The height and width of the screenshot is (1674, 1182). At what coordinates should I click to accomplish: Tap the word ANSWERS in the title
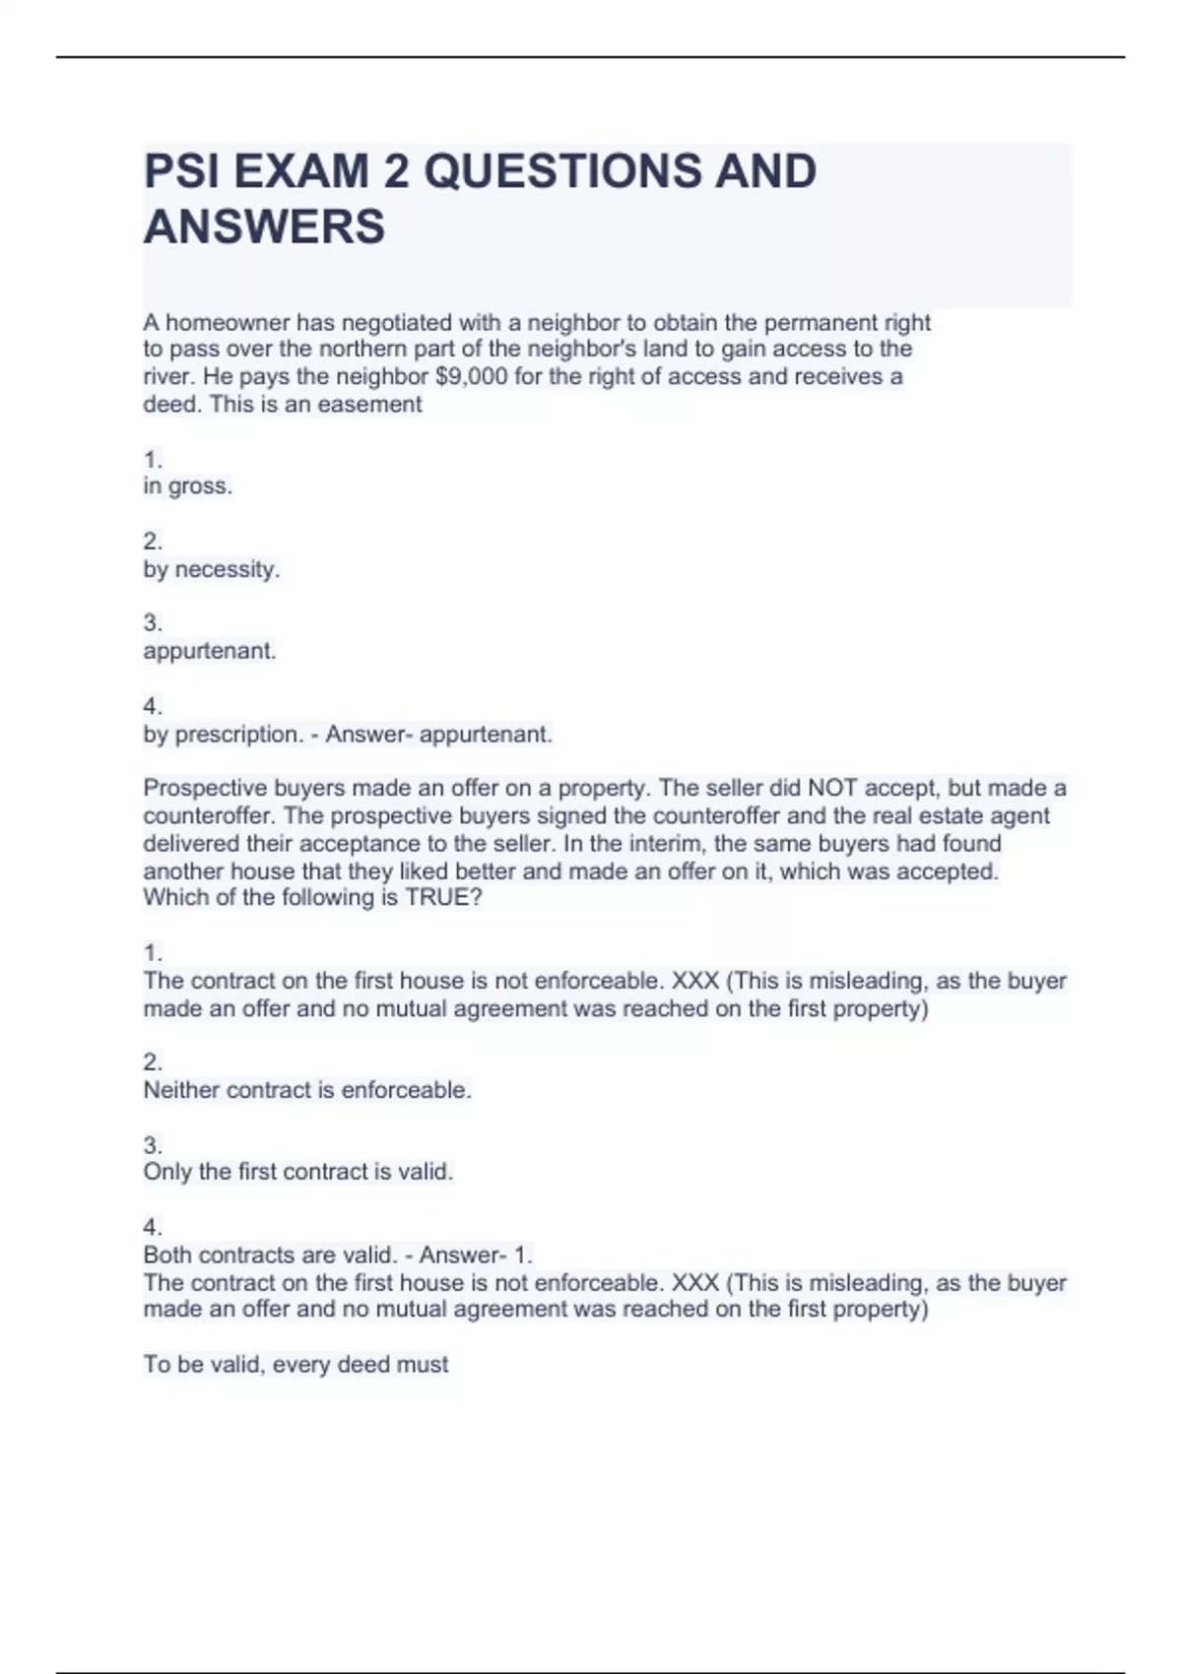click(264, 226)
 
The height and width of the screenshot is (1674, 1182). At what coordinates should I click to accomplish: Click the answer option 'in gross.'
click(188, 486)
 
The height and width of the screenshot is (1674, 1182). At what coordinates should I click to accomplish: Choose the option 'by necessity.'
click(212, 569)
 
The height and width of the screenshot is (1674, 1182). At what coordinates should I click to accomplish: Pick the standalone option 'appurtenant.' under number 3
click(210, 651)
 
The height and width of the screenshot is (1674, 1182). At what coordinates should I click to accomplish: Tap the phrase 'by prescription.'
click(223, 735)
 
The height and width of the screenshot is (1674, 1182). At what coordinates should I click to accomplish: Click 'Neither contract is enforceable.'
click(307, 1090)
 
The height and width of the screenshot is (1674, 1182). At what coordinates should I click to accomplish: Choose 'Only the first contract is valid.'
click(297, 1172)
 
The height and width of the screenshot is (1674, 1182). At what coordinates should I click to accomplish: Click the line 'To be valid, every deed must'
click(295, 1365)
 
